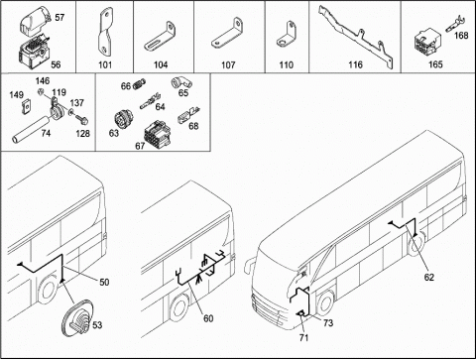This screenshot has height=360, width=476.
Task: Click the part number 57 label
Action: (x=59, y=17)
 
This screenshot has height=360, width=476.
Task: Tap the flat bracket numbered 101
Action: (x=103, y=33)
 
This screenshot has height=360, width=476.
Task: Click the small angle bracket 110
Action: (x=287, y=35)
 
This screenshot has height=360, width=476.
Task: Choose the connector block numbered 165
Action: (x=425, y=43)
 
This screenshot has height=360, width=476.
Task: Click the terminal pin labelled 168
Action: (x=455, y=25)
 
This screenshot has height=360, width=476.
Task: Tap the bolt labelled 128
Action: (x=81, y=118)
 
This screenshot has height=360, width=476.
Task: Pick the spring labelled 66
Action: (x=140, y=84)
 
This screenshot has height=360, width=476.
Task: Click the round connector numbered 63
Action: (x=124, y=119)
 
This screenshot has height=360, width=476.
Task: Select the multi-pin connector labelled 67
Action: (x=157, y=134)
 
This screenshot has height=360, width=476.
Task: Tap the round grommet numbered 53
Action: (x=78, y=318)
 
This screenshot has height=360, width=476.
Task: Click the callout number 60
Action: (x=208, y=318)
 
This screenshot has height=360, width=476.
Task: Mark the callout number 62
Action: (x=429, y=277)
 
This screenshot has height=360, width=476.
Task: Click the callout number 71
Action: (x=303, y=337)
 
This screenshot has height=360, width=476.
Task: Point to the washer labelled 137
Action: (x=71, y=113)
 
